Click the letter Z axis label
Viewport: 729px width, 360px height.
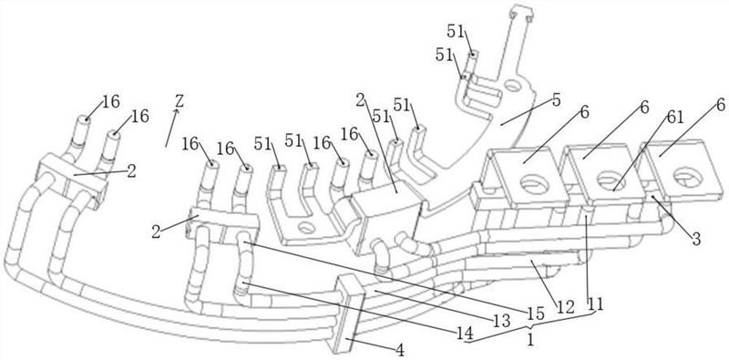(x=179, y=101)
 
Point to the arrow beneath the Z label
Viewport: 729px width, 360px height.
(x=170, y=129)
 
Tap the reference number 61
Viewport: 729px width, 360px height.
(x=674, y=118)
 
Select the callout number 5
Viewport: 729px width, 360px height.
(x=557, y=100)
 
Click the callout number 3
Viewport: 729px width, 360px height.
(x=696, y=239)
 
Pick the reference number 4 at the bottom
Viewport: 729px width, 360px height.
(x=399, y=350)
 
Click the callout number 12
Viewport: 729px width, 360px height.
(x=566, y=306)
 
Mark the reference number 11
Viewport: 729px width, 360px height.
(x=595, y=304)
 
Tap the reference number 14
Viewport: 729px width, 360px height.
(x=465, y=333)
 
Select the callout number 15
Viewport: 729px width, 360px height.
(x=536, y=314)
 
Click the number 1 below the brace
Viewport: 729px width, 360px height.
(x=530, y=340)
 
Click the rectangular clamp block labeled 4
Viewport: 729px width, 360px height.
(x=349, y=313)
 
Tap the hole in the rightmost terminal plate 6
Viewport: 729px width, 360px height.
(x=688, y=177)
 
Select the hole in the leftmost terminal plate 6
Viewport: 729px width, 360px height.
(x=534, y=184)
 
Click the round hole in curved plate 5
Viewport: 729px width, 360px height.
(x=512, y=86)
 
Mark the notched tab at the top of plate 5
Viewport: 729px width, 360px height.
(x=519, y=13)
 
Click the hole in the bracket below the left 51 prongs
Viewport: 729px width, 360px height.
(x=305, y=228)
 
